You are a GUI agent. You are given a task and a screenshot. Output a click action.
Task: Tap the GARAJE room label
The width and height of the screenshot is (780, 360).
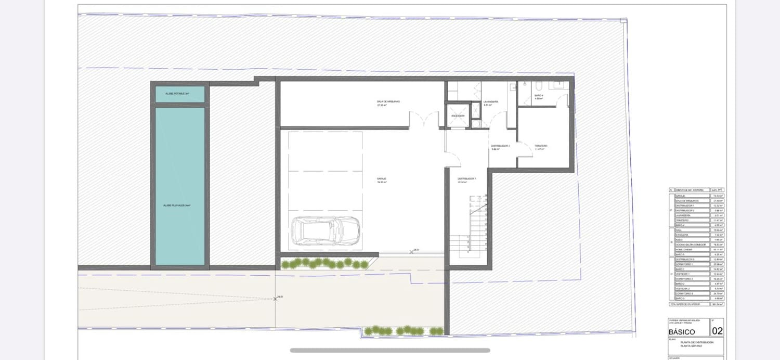click(382, 178)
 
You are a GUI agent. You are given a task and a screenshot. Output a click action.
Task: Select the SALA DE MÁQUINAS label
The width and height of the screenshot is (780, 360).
click(388, 101)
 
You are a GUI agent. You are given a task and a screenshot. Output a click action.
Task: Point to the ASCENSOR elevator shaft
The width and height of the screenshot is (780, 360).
click(458, 115)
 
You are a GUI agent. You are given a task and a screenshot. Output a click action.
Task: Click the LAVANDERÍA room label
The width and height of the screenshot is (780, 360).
click(491, 101)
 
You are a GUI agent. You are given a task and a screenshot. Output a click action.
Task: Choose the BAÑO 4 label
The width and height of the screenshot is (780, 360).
click(539, 96)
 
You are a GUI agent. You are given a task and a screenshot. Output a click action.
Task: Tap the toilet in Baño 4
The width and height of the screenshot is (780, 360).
click(539, 84)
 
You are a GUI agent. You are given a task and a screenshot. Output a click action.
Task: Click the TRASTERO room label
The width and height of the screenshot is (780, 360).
click(541, 146)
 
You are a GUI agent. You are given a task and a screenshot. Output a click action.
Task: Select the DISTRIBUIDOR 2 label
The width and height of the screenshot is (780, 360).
click(500, 146)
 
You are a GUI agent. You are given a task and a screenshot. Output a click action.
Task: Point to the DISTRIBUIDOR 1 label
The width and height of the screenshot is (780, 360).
click(466, 178)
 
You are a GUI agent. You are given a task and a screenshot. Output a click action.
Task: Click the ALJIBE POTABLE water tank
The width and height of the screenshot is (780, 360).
click(179, 94)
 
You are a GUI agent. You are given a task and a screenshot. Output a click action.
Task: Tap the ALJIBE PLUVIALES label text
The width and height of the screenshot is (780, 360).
click(177, 205)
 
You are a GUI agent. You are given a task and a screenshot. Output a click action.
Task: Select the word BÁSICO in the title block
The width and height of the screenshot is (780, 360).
click(682, 331)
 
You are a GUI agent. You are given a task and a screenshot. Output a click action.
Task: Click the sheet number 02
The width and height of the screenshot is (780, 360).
click(717, 331)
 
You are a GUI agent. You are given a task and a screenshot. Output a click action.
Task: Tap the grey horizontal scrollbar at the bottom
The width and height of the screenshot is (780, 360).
click(390, 350)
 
